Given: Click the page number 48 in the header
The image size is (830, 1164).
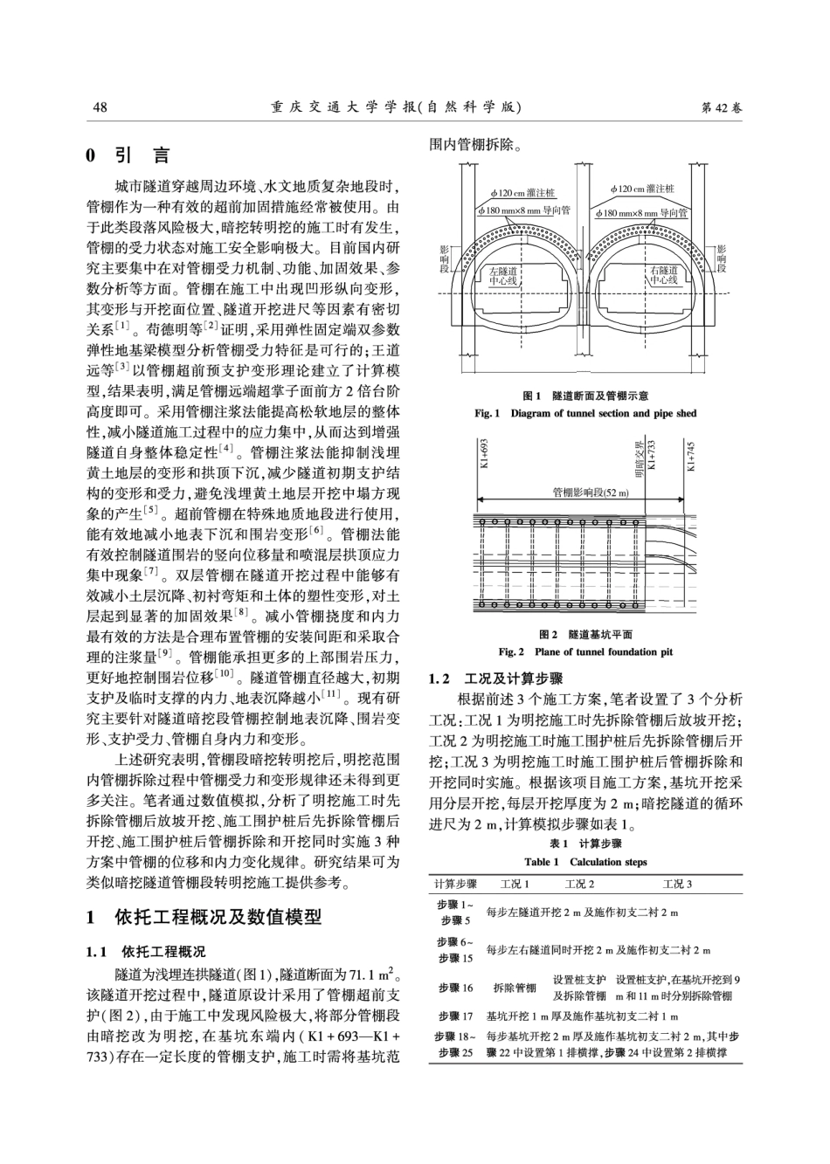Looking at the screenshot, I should [100, 107].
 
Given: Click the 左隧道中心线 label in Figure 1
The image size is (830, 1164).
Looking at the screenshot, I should [503, 276].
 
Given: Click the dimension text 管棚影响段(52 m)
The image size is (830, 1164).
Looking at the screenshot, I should [591, 492].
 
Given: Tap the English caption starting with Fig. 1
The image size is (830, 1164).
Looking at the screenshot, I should [585, 413].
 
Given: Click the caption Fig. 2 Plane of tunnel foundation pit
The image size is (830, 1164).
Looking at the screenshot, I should [585, 651].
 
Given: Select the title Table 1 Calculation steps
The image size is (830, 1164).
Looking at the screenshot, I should [585, 862].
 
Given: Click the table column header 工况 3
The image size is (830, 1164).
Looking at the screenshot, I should [677, 884].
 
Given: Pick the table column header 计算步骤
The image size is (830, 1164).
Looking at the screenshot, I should [456, 884].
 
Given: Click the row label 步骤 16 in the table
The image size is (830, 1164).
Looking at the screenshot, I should [456, 988].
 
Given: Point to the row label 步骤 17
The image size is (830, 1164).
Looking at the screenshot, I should [456, 1016].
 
